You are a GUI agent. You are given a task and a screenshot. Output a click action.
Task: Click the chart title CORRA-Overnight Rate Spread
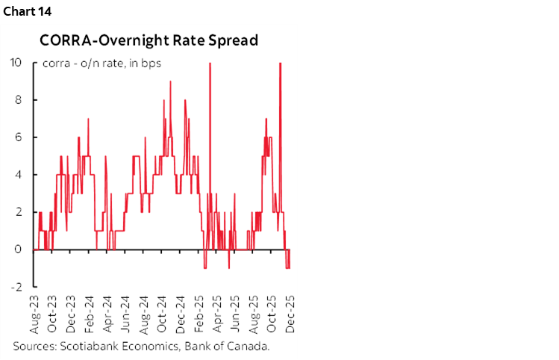coord(149,40)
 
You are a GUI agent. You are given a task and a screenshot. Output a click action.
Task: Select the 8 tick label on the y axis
coord(22,100)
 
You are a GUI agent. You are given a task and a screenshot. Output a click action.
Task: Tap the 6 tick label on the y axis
coord(22,137)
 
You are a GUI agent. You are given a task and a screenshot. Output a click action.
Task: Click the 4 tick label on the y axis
coord(22,175)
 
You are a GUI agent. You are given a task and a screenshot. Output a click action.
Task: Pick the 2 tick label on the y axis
coord(22,212)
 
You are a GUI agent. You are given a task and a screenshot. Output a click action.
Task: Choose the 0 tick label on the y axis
coord(22,249)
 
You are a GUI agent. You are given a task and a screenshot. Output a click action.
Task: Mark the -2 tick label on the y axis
coord(20,287)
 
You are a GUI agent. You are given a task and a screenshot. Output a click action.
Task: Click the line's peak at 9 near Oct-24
coord(170,81)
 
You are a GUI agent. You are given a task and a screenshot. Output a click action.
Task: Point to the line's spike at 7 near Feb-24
coord(88,119)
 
